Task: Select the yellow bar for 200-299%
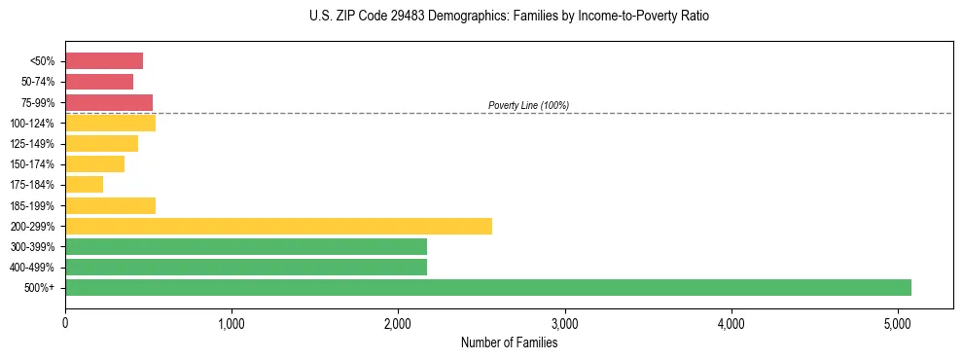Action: click(278, 226)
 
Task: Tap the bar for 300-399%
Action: click(246, 246)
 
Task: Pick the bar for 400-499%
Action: click(246, 267)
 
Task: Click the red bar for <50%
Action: click(104, 61)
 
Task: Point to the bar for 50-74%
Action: click(99, 82)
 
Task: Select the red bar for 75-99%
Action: click(109, 102)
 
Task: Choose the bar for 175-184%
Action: click(84, 185)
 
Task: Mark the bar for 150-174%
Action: click(94, 164)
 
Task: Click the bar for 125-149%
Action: click(101, 144)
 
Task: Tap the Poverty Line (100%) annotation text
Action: click(528, 105)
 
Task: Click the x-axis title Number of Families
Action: click(509, 342)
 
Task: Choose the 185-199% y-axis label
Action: click(32, 205)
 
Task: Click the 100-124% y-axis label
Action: click(32, 124)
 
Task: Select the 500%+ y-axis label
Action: click(40, 288)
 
